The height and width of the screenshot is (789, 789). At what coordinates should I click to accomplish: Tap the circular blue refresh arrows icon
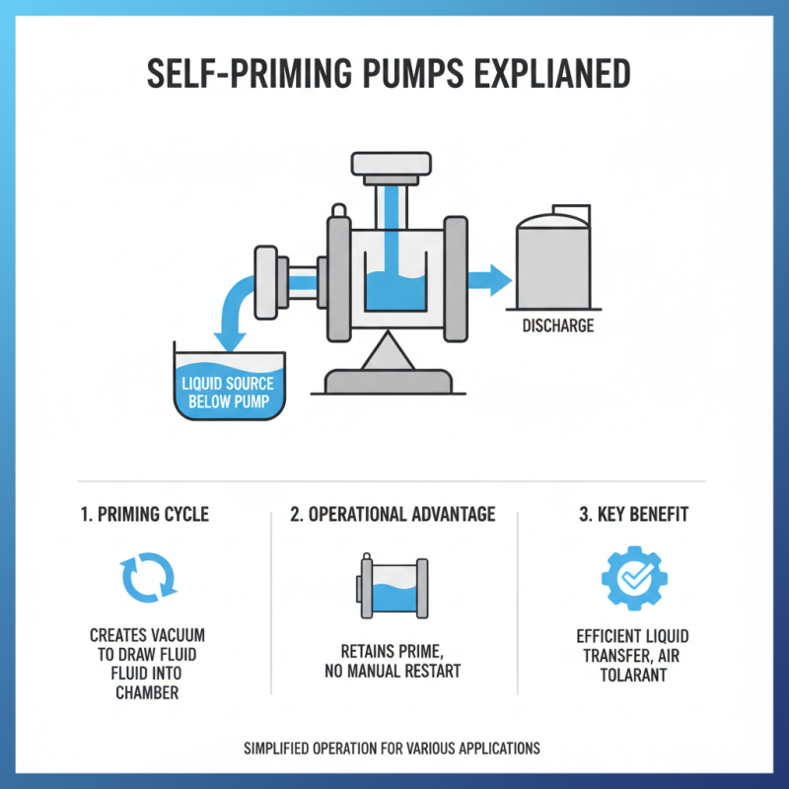(147, 576)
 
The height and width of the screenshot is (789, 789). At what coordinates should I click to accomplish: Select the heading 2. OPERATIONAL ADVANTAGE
(393, 515)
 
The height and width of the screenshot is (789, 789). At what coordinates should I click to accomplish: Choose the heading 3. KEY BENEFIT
(634, 515)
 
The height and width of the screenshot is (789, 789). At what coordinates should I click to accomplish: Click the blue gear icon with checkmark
(634, 576)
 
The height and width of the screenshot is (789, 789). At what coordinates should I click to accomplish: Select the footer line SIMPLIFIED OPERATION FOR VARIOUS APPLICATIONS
(393, 749)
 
